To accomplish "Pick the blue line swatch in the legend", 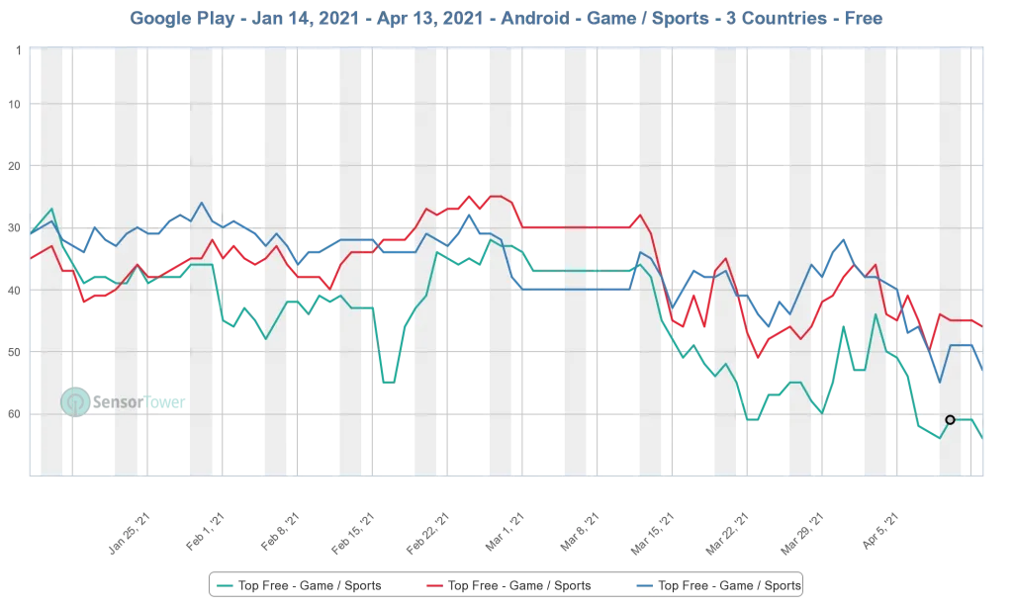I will pyautogui.click(x=646, y=586).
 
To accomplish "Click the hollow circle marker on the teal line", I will pyautogui.click(x=951, y=419).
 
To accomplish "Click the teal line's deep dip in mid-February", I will pyautogui.click(x=389, y=383).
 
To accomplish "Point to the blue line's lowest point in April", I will pyautogui.click(x=939, y=383).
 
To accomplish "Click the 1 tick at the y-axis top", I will pyautogui.click(x=18, y=47).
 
